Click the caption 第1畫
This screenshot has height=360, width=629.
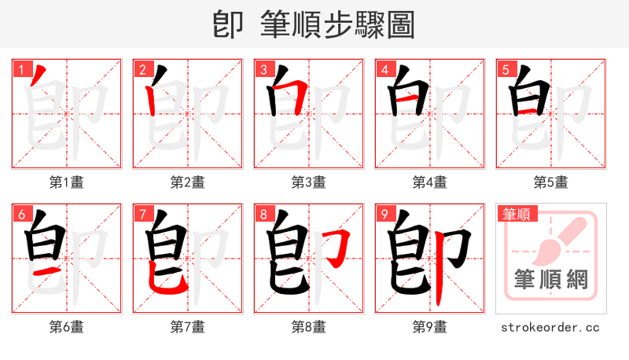tap(67, 182)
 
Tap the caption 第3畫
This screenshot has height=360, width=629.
tap(308, 182)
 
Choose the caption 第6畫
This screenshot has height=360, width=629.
tap(67, 326)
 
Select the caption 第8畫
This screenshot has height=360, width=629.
tap(308, 326)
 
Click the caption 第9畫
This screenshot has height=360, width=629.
tap(429, 326)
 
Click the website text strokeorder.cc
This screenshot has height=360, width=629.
tap(550, 326)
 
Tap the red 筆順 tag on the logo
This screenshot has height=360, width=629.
tap(517, 213)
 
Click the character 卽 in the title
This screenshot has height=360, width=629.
tap(228, 24)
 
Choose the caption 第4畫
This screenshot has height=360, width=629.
tap(429, 182)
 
